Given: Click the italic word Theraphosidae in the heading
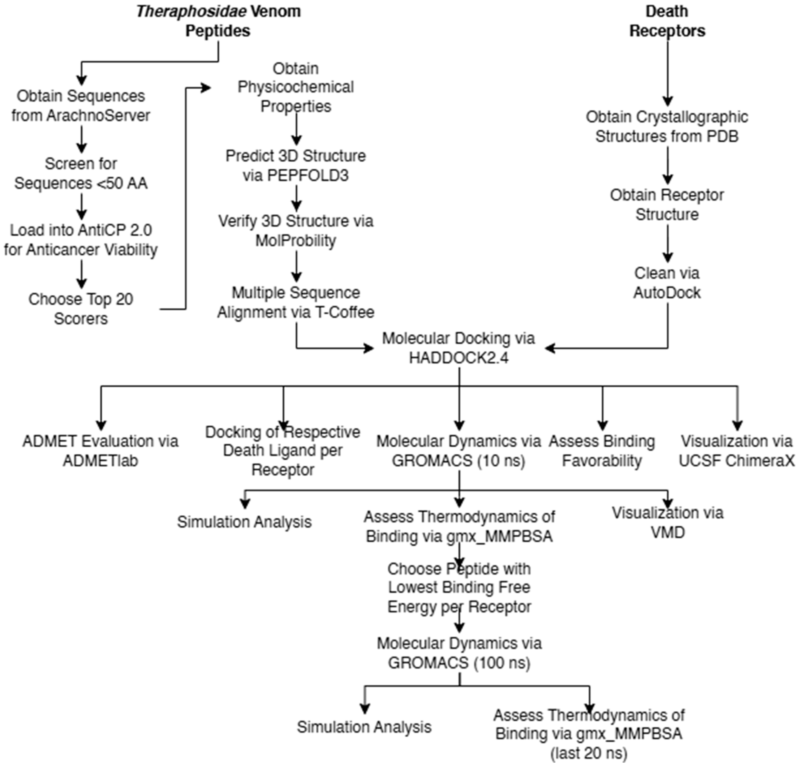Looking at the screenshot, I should [191, 11].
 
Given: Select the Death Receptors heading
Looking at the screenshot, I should [667, 21].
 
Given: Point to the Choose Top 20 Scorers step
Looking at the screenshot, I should [81, 309].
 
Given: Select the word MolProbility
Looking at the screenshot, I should [296, 241].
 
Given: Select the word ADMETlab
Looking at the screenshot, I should [100, 461].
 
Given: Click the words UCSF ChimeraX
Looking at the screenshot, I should [736, 461].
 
